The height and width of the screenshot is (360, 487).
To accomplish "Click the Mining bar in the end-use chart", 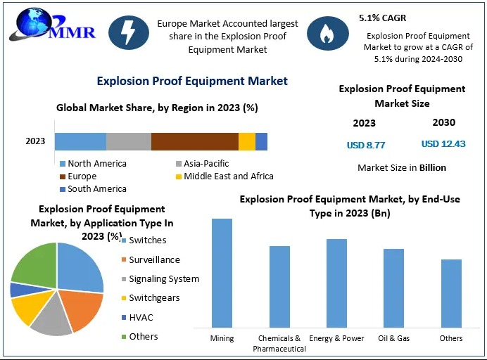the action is pyautogui.click(x=222, y=273).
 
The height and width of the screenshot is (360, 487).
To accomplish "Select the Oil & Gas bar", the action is pyautogui.click(x=393, y=288).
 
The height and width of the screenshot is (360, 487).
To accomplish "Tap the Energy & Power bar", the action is pyautogui.click(x=336, y=283).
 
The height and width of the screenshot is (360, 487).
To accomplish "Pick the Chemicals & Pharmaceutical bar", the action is pyautogui.click(x=279, y=287).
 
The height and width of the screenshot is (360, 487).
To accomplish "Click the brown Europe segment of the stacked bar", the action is pyautogui.click(x=195, y=141).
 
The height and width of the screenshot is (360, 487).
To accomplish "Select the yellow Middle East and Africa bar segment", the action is pyautogui.click(x=247, y=141).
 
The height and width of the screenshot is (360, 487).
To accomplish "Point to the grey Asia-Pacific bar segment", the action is pyautogui.click(x=129, y=141).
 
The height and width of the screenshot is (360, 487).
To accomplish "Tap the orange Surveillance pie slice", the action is pyautogui.click(x=82, y=309).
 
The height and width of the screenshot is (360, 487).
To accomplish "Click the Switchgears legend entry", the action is pyautogui.click(x=151, y=298).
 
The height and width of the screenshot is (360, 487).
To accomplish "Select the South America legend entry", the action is pyautogui.click(x=93, y=189).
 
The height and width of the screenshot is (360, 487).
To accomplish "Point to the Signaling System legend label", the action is pyautogui.click(x=164, y=279).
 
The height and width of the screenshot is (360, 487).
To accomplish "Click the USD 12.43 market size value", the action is pyautogui.click(x=443, y=143).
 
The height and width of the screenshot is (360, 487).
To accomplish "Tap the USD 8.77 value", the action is pyautogui.click(x=366, y=145).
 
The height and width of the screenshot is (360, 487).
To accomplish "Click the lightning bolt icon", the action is pyautogui.click(x=129, y=32).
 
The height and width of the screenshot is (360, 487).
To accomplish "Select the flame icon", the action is pyautogui.click(x=328, y=34).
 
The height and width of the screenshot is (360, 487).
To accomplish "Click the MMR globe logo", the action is pyautogui.click(x=52, y=25).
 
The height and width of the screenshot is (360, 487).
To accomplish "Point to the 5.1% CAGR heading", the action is pyautogui.click(x=382, y=18).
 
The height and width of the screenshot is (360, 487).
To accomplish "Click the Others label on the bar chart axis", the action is pyautogui.click(x=451, y=338).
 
